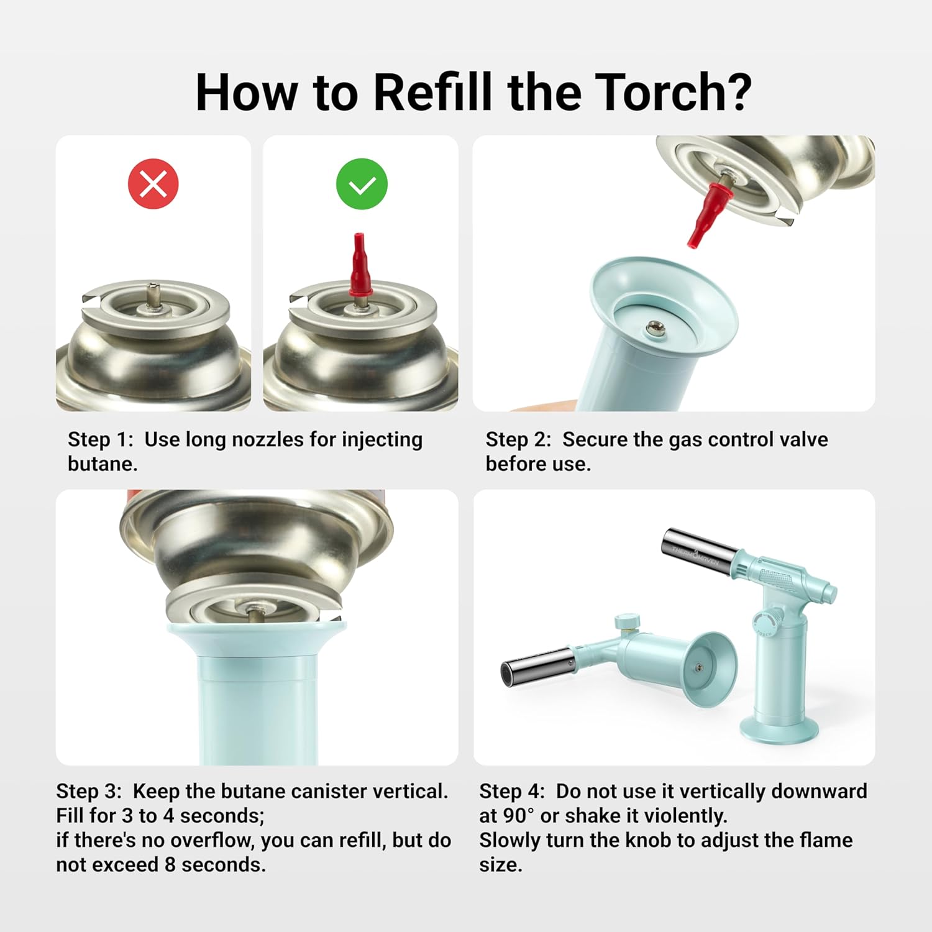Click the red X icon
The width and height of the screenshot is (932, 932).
(153, 184)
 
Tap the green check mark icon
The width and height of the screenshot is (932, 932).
(362, 184)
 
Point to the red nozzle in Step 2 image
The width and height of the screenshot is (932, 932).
(710, 212)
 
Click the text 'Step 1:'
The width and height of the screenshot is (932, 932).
(101, 439)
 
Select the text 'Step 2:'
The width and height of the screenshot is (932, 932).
(519, 439)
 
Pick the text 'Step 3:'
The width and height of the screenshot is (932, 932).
(89, 791)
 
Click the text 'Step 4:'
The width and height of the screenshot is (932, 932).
(512, 791)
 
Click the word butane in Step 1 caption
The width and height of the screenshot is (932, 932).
(103, 464)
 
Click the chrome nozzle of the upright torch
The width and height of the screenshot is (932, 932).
(700, 552)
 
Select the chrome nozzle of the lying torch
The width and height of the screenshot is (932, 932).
(537, 666)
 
